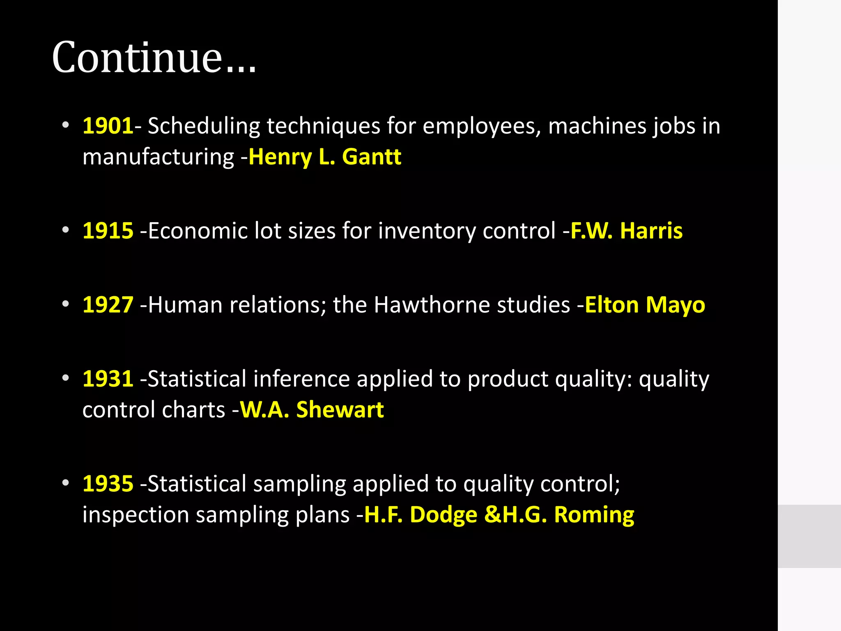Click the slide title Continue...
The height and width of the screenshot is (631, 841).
point(154,58)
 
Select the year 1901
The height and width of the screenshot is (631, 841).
point(108,126)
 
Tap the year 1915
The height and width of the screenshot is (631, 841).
point(108,230)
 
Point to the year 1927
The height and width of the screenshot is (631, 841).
point(108,305)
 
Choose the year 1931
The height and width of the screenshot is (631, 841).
point(108,378)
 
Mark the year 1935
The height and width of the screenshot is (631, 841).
point(108,484)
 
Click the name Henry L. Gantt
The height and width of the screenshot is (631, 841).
point(325,157)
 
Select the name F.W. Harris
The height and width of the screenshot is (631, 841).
point(627,230)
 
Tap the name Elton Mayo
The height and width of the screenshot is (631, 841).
point(645,305)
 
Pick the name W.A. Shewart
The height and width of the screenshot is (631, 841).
point(312,410)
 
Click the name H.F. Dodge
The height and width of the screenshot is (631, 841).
point(421,515)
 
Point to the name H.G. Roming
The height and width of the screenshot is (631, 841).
point(568,515)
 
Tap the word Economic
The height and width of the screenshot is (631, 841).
point(198,230)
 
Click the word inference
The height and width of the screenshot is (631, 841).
point(301,378)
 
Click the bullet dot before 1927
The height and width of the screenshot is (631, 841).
point(66,304)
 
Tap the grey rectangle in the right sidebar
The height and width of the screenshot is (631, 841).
point(809,536)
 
